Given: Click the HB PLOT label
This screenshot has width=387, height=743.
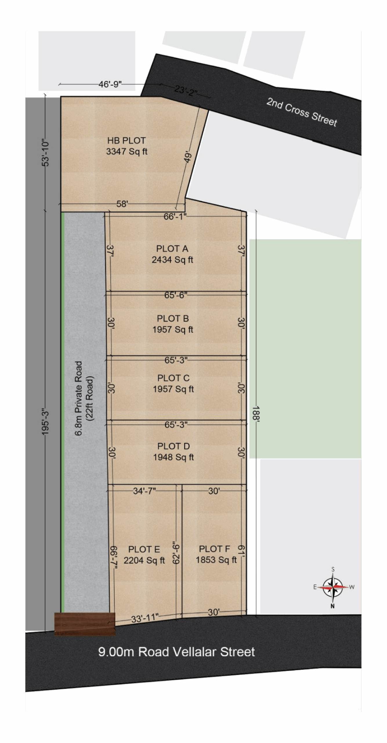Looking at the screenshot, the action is tap(126, 140).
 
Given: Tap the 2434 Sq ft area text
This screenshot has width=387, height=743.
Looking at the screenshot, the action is tap(172, 259).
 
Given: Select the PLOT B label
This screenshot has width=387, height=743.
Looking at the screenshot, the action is tap(173, 318).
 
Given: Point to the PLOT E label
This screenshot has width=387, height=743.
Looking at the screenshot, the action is tap(144, 549).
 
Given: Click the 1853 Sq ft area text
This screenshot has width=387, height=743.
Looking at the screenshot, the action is tap(216, 560).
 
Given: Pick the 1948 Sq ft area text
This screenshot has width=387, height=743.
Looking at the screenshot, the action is tap(173, 457).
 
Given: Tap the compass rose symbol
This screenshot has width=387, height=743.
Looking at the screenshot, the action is tap(333, 587).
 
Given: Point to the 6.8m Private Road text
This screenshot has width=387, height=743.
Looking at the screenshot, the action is tap(79, 398).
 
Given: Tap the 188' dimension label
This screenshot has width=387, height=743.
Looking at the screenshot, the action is tap(256, 413).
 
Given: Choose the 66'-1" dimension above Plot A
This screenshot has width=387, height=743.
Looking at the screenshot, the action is tap(175, 217).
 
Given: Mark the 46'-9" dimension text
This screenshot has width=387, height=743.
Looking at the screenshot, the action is tap(110, 84).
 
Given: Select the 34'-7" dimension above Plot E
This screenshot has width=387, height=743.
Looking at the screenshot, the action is tap(144, 491).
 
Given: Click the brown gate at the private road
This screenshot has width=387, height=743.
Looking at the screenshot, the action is tap(85, 624).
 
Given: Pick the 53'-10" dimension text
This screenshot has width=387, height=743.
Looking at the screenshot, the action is tap(46, 154).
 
